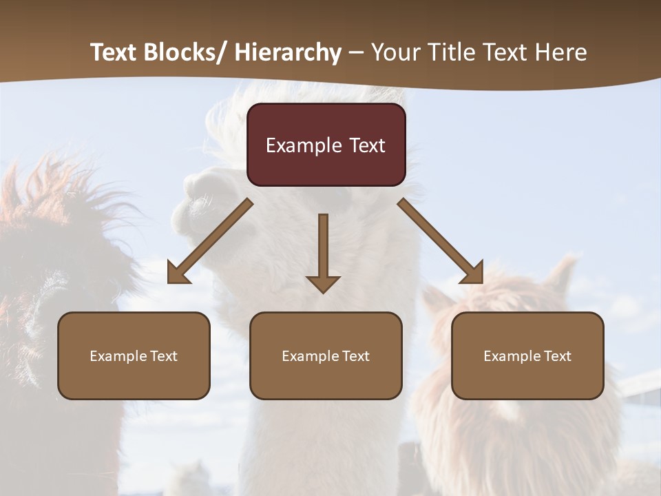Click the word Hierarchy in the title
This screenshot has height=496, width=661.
[288, 52]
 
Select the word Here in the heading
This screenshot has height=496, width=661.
[563, 52]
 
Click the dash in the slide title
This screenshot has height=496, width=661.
[356, 52]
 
